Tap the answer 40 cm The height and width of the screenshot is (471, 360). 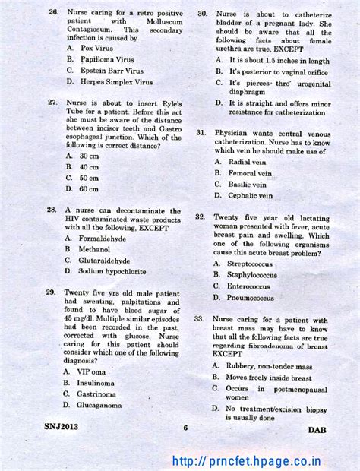click(89, 166)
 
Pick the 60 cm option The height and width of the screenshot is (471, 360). click(89, 189)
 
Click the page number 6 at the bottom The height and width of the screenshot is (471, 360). click(185, 428)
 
